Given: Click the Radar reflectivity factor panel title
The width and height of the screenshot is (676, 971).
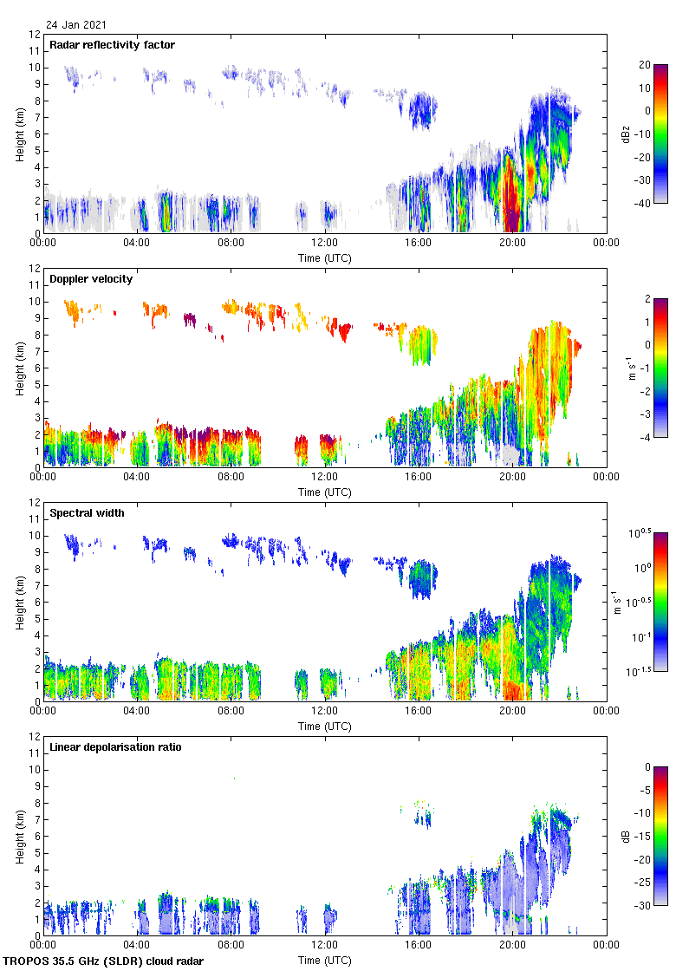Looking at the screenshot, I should [113, 45].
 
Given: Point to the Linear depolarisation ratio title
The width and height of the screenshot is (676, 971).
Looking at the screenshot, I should [115, 747].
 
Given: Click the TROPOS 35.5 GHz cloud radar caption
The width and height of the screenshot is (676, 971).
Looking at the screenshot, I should [103, 961].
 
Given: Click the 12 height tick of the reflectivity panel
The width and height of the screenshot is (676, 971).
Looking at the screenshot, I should [35, 35].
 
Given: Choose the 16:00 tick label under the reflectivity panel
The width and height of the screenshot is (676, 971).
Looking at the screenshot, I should [418, 244].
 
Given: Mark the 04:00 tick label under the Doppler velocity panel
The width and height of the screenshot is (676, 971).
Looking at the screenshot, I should [136, 478].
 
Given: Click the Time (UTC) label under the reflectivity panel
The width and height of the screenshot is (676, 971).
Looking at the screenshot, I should [324, 257].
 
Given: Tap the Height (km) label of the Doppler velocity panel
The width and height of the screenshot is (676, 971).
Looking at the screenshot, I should [19, 368].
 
